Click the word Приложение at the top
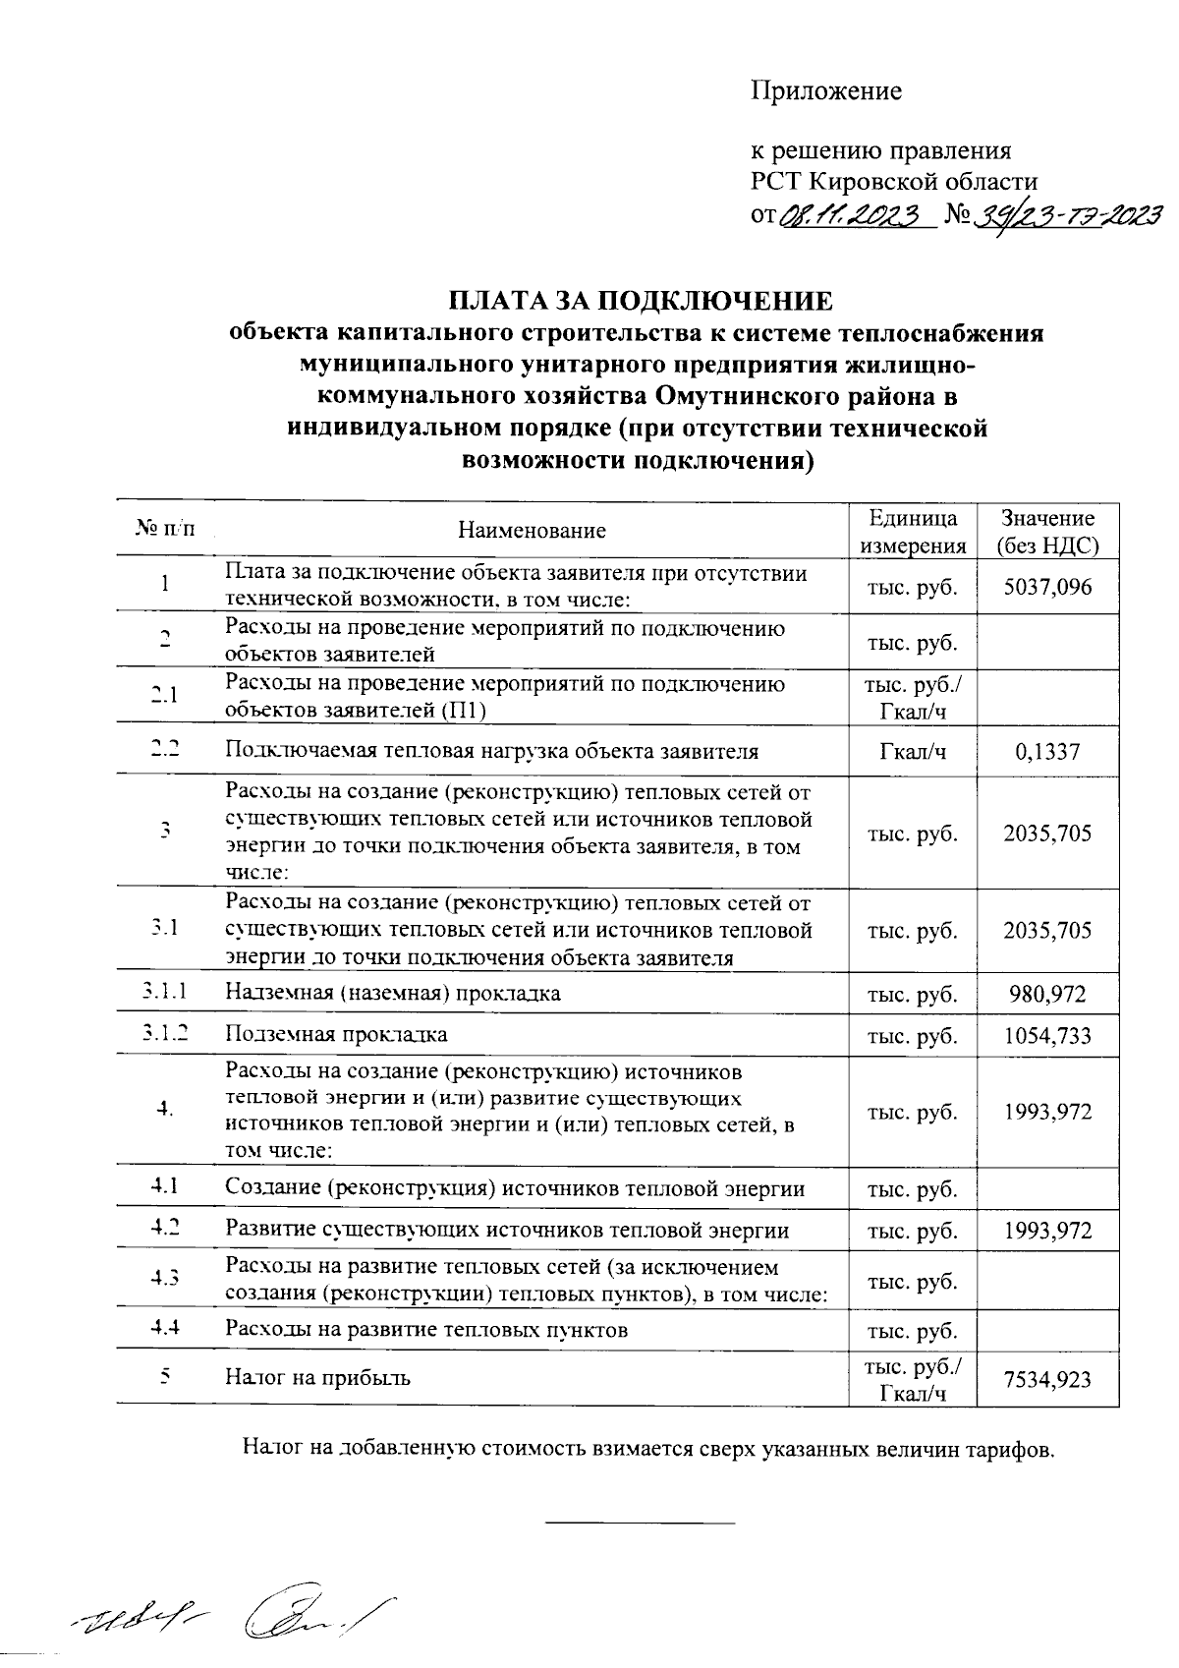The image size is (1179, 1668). pos(825,91)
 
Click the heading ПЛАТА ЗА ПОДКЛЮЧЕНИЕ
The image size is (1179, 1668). pos(641,301)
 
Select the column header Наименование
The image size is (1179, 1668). pos(532,531)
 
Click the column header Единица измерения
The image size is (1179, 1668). pos(913,532)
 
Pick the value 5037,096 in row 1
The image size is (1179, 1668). pos(1047,588)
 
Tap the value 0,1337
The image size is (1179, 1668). pos(1047,752)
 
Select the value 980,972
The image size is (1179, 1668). pos(1047,994)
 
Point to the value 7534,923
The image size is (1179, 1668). pos(1047,1379)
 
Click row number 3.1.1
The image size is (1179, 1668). pos(165,993)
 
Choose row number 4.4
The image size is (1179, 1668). pos(165,1329)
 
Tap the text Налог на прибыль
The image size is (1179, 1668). pos(318,1377)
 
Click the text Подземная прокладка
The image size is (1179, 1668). pos(336,1035)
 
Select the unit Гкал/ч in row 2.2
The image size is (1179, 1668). pos(913,752)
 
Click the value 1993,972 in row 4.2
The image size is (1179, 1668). pos(1047,1231)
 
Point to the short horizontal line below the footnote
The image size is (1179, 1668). pos(640,1523)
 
